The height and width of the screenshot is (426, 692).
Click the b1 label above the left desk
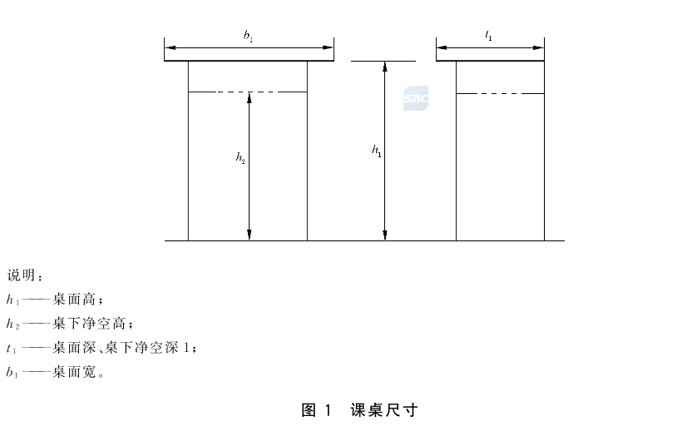click(x=249, y=36)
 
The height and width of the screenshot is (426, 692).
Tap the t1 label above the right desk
click(x=488, y=35)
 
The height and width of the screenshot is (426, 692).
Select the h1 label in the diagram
click(x=377, y=151)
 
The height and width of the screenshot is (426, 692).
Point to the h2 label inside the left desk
click(x=240, y=157)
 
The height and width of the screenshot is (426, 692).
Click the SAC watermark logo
click(x=416, y=98)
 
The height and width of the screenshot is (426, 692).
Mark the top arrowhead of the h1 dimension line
click(x=385, y=67)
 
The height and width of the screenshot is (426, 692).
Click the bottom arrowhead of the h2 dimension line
click(x=250, y=235)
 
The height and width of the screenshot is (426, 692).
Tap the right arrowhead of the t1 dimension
click(x=538, y=47)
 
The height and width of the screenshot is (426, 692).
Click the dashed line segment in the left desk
click(x=248, y=92)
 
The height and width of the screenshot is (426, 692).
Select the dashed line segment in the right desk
click(x=500, y=93)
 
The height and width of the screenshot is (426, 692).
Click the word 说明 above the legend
click(x=21, y=275)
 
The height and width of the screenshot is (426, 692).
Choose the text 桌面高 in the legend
click(x=74, y=300)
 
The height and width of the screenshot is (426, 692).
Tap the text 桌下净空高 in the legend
click(x=89, y=324)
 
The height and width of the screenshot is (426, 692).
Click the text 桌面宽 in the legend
click(x=74, y=372)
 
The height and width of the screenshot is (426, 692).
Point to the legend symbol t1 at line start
click(x=12, y=349)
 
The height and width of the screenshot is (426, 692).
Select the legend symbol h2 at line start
click(x=12, y=324)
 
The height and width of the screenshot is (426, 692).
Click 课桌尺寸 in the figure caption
click(x=384, y=410)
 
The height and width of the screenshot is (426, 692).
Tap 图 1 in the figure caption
click(x=316, y=410)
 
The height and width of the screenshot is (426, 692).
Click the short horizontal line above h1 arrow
click(x=383, y=61)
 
